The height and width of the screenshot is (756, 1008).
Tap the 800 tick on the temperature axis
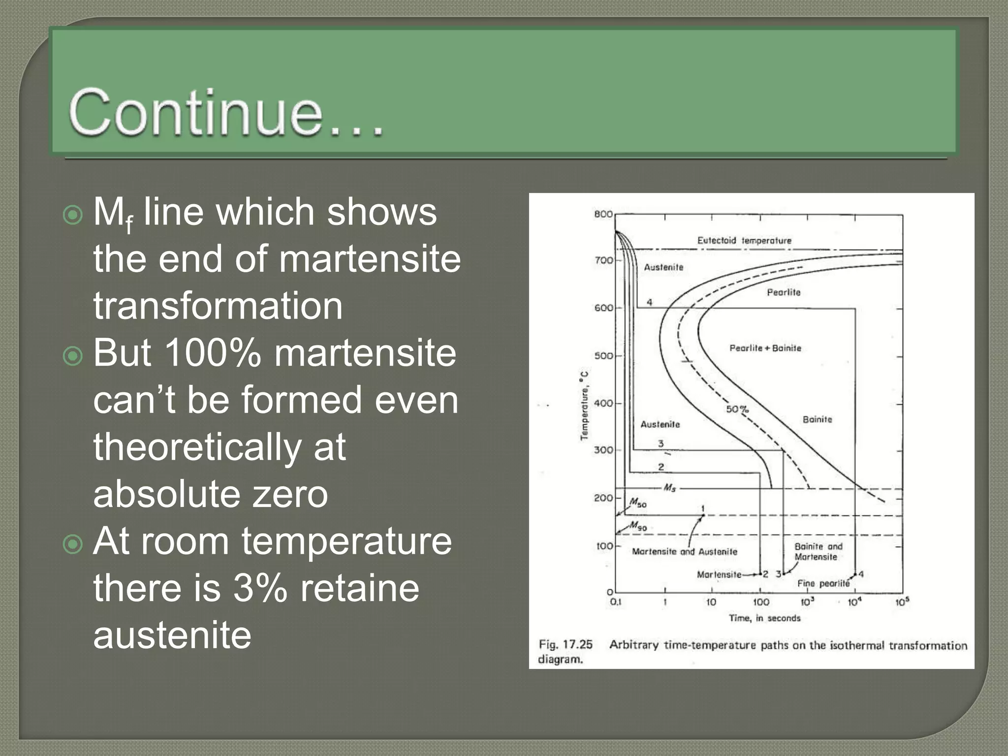[x=603, y=214]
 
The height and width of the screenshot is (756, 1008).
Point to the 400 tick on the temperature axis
[x=603, y=403]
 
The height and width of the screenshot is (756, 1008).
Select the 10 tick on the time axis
[x=711, y=602]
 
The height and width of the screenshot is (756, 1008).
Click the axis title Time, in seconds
[x=764, y=618]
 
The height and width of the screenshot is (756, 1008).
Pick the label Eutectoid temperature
[x=744, y=241]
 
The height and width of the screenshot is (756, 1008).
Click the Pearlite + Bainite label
[x=765, y=348]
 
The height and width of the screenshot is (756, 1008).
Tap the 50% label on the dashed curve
[x=737, y=409]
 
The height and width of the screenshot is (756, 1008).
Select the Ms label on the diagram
[x=669, y=488]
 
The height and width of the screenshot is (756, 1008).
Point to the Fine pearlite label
[x=823, y=584]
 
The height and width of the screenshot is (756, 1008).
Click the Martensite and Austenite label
[x=684, y=552]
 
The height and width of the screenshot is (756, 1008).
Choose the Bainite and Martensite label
[x=818, y=552]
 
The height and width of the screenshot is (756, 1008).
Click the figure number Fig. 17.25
[x=566, y=645]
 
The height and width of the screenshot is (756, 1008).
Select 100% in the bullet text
[x=212, y=353]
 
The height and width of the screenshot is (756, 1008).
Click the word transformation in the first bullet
[x=218, y=306]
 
